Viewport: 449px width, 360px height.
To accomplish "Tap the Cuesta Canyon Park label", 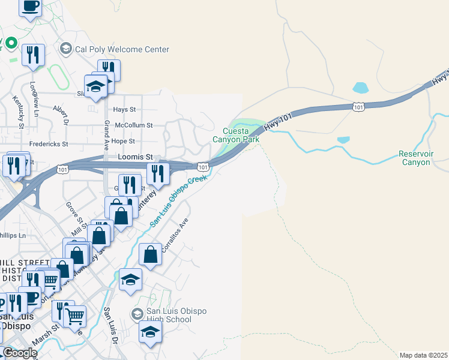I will tap(241, 135).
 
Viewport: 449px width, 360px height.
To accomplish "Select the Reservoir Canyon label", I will tap(415, 158).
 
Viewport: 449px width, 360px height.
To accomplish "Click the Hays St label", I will tap(125, 110).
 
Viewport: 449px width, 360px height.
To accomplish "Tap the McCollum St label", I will tap(134, 125).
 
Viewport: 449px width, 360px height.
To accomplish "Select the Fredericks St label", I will tap(49, 145).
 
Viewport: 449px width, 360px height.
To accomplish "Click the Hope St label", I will tap(123, 141).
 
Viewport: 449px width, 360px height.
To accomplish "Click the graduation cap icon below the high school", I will tap(150, 332).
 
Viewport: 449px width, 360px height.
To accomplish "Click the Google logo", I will tap(20, 353).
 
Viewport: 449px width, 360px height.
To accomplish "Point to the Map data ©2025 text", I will tap(424, 355).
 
